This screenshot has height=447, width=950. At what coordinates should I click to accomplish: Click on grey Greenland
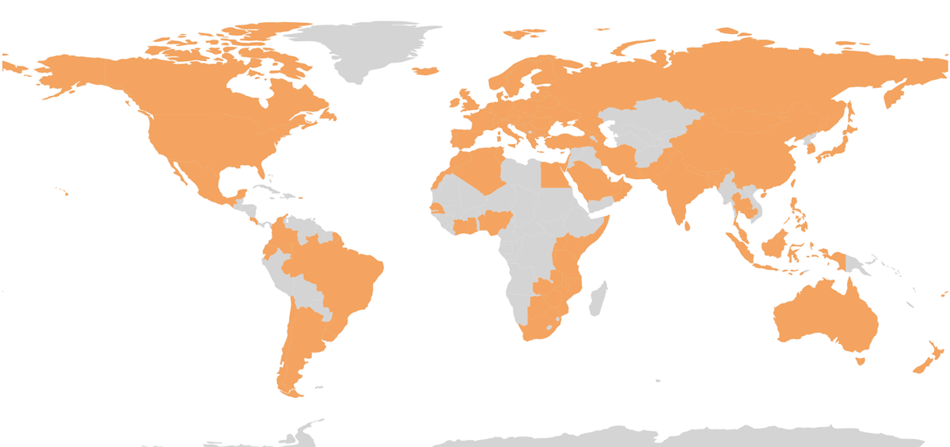point(364,48)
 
